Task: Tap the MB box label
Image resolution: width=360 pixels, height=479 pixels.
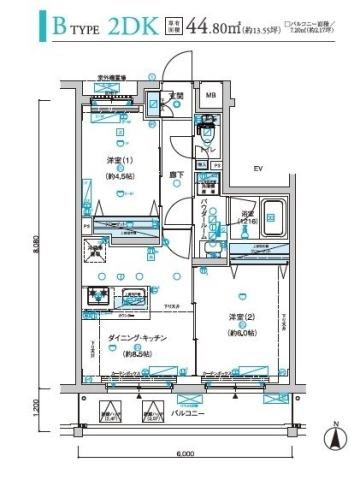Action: click(210, 96)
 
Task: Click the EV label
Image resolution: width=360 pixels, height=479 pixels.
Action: click(256, 169)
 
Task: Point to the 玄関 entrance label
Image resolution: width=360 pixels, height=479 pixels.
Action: click(176, 97)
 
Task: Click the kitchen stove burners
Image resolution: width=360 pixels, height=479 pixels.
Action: click(100, 296)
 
